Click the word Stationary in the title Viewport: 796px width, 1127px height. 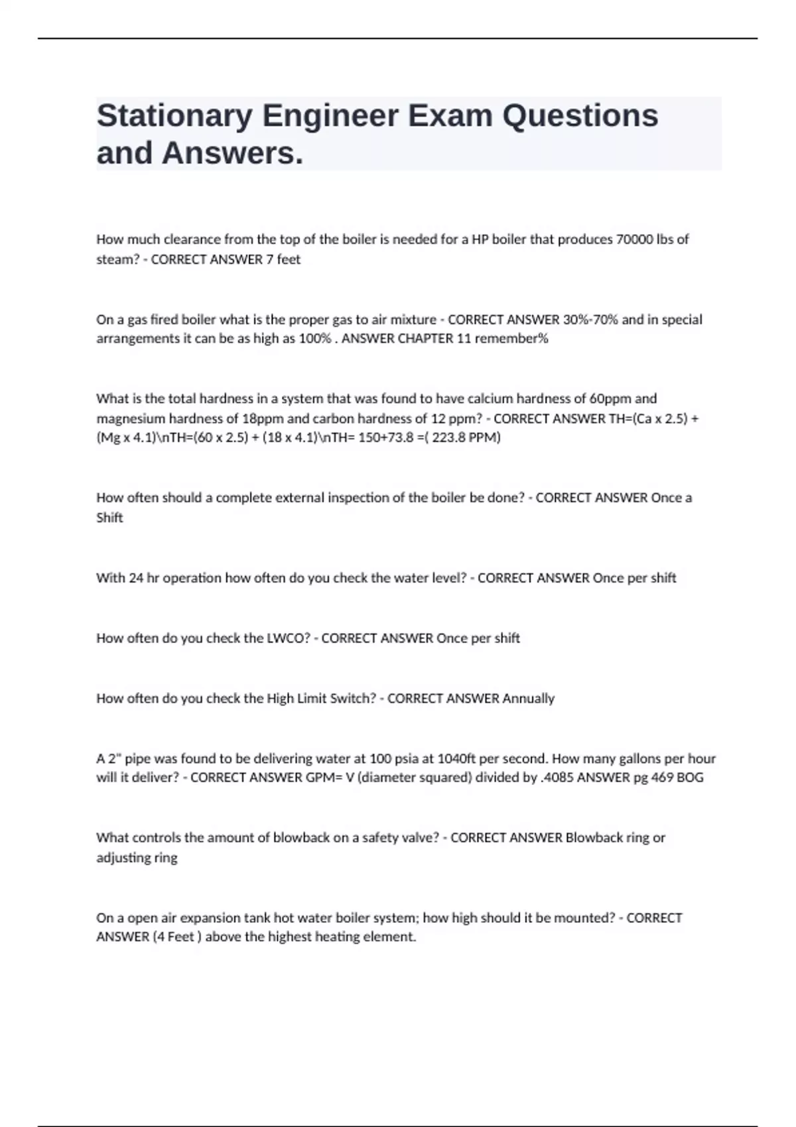(x=174, y=116)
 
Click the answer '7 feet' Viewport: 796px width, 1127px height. (x=283, y=259)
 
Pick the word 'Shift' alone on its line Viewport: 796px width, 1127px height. (x=109, y=518)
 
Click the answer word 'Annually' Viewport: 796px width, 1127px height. (x=528, y=698)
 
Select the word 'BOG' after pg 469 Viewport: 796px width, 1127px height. (x=690, y=778)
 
